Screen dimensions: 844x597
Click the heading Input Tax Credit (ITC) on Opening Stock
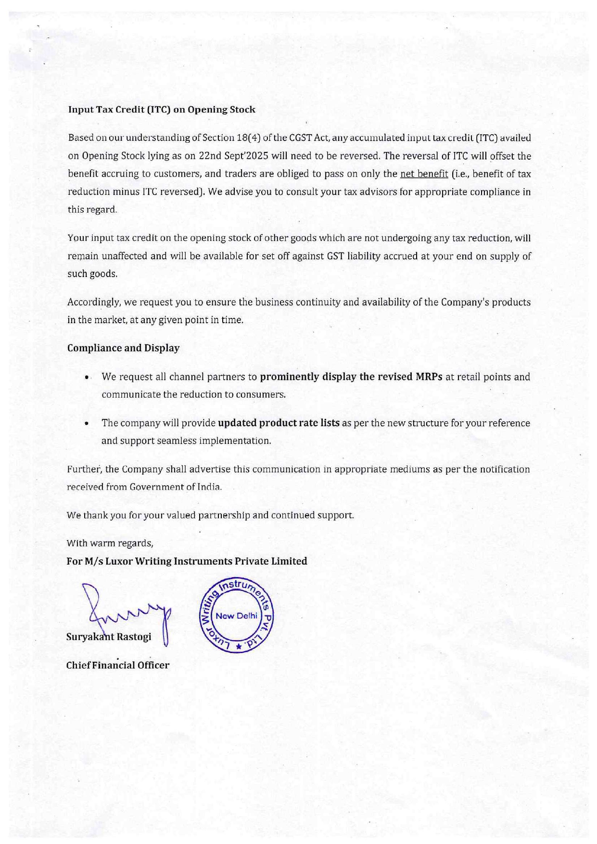[162, 110]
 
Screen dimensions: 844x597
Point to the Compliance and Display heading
[123, 348]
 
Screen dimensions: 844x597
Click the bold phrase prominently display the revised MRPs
[351, 377]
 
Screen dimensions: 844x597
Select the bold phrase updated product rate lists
[279, 423]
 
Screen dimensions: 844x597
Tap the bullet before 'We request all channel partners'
[87, 378]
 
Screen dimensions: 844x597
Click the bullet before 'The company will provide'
[87, 424]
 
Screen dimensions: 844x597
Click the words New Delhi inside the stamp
[236, 616]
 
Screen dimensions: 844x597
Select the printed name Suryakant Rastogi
[109, 637]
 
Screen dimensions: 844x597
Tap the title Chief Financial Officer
[118, 666]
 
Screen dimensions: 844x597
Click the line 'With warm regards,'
[110, 543]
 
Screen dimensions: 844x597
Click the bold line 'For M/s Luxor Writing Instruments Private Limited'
[187, 561]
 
